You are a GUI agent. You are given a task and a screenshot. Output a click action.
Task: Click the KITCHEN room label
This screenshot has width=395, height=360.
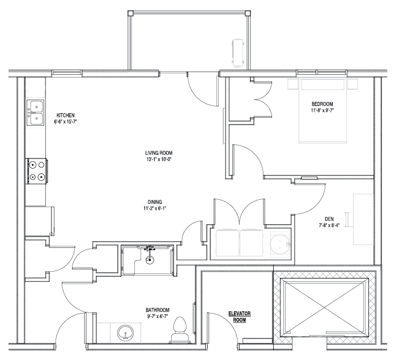point(66,115)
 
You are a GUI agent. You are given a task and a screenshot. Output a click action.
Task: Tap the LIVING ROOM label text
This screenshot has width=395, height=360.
point(159,153)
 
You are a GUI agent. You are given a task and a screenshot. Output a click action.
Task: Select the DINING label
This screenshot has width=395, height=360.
point(155,202)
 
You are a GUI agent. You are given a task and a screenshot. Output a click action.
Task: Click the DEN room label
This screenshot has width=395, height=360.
point(329,219)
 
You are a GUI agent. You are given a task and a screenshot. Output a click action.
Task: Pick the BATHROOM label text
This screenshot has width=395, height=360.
point(158,310)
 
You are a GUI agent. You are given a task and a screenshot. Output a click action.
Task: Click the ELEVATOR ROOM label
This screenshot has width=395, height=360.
point(239,317)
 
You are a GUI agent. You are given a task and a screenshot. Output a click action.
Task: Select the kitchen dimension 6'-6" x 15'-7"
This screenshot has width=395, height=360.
point(66,122)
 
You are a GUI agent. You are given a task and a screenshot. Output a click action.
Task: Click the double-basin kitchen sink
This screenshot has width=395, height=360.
point(35,113)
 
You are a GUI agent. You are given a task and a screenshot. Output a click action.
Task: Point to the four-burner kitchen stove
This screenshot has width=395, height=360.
point(37,171)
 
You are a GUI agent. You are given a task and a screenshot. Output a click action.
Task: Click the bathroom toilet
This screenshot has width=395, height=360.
point(180,330)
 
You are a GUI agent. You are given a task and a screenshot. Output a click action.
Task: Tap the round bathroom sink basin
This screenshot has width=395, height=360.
point(125,333)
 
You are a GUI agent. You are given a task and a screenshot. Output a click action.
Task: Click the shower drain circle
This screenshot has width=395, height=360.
point(150,260)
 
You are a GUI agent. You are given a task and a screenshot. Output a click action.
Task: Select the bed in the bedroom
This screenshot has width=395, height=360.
point(322,111)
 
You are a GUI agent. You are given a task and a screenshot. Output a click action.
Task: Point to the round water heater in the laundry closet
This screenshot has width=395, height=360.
point(279,244)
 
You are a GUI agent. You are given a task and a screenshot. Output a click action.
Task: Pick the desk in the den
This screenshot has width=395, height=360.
point(363,219)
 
